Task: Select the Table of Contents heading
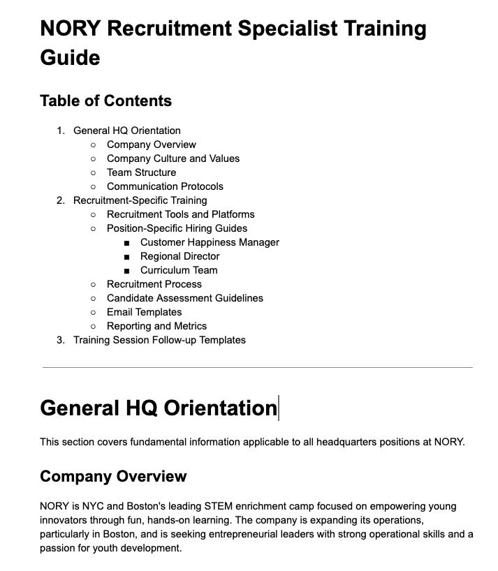point(105,101)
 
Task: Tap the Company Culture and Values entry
point(173,158)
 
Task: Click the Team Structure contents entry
point(141,172)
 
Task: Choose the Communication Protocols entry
point(165,186)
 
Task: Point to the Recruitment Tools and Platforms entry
point(180,214)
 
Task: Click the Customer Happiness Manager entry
point(210,242)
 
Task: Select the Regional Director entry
point(180,256)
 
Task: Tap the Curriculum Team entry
point(179,270)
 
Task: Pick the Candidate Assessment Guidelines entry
point(184,298)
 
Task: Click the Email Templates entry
point(144,312)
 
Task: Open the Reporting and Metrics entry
point(156,326)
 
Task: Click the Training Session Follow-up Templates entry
point(159,340)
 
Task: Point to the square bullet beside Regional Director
point(126,257)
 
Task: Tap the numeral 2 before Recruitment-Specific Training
point(60,200)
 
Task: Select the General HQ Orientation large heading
point(159,408)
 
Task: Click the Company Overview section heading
point(113,476)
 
